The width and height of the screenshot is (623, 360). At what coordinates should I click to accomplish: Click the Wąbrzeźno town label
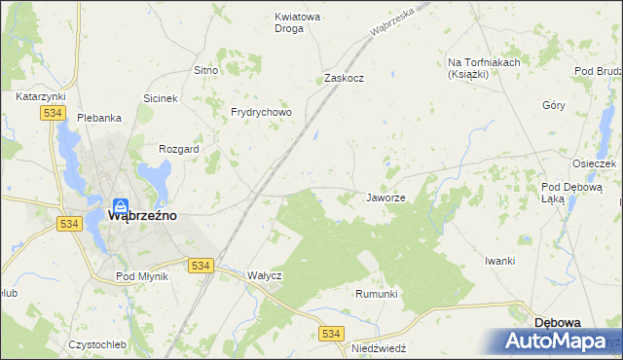point(141,216)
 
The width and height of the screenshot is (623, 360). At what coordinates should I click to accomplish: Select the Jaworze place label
point(385,198)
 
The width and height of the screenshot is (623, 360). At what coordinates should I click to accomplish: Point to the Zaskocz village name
point(344,79)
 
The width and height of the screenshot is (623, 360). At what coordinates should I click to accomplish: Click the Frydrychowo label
point(261,113)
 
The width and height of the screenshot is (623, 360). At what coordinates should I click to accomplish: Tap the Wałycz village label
point(264,275)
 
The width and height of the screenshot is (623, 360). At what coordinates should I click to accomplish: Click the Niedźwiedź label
point(378,347)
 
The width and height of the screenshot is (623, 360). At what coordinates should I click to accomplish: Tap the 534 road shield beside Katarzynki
point(53,114)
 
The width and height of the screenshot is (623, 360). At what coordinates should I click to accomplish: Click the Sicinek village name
point(161,99)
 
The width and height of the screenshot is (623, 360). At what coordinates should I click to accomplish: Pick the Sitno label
point(204,71)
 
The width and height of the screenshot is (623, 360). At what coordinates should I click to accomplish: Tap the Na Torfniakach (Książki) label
point(484,68)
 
